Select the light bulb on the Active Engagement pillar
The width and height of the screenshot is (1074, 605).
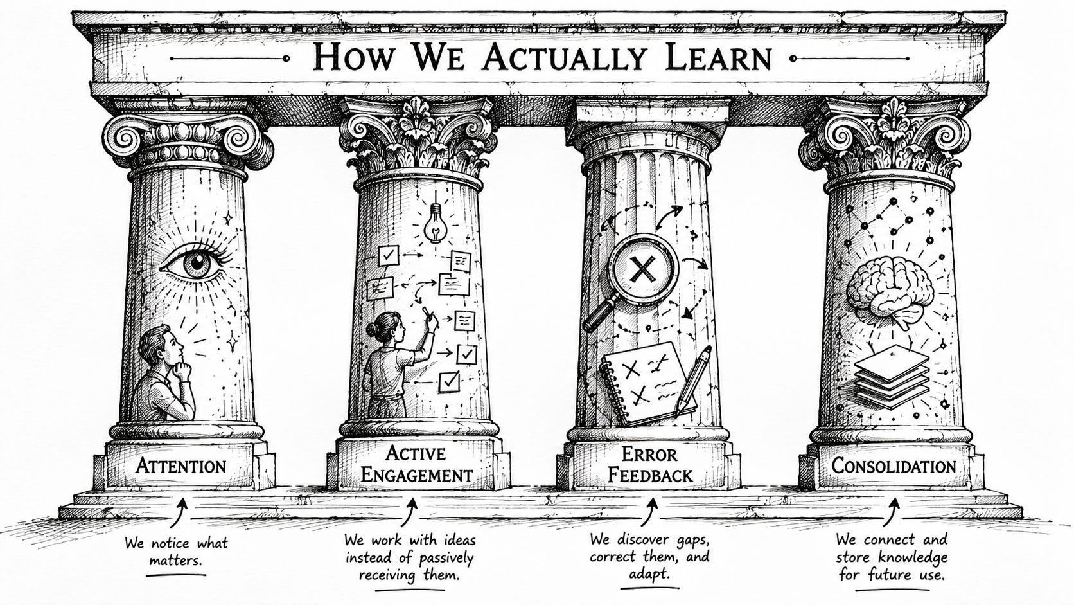(x=436, y=222)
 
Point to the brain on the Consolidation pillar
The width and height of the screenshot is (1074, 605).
(x=890, y=291)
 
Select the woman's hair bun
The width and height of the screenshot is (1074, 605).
(x=373, y=329)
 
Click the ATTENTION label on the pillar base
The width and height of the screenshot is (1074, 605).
(x=180, y=466)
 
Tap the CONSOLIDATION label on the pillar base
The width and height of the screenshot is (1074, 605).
(x=894, y=465)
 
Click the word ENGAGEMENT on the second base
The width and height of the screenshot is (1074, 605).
(x=416, y=475)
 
